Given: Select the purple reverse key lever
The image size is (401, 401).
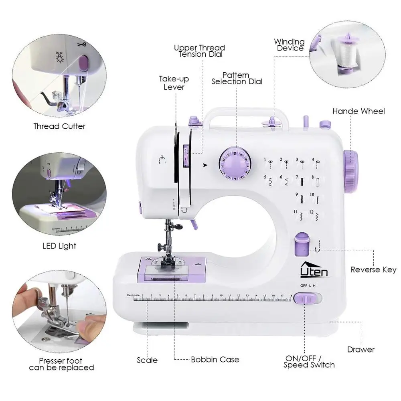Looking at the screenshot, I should click(300, 245).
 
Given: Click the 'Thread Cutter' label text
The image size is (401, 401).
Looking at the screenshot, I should click(59, 126).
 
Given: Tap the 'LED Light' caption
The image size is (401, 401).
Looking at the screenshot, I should click(59, 246).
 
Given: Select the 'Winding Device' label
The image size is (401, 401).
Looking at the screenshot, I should click(290, 45).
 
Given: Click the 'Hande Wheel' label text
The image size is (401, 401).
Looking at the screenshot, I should click(358, 111).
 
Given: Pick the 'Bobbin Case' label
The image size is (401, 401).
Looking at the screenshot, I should click(215, 360).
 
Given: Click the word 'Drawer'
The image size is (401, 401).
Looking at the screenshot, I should click(361, 350).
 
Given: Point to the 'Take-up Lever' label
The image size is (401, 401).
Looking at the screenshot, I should click(174, 83).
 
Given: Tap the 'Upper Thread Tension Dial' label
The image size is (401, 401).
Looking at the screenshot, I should click(199, 51).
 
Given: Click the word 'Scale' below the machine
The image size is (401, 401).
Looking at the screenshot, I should click(147, 360).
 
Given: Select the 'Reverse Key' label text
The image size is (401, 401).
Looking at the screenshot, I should click(373, 269).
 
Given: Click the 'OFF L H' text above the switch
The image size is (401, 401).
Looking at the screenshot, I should click(308, 286).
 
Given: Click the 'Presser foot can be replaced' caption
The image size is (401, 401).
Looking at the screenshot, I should click(61, 364).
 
